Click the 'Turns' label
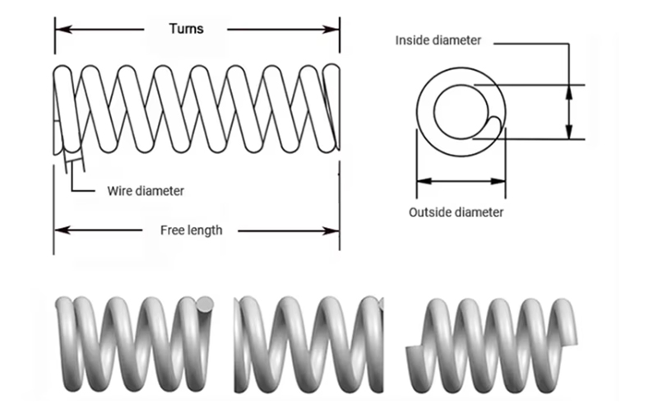click(186, 29)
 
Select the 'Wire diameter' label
click(146, 191)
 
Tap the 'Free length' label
click(191, 230)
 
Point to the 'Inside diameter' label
click(438, 40)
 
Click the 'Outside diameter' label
click(456, 212)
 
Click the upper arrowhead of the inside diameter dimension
click(568, 88)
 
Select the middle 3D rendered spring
click(308, 341)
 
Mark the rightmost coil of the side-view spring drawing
click(331, 107)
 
